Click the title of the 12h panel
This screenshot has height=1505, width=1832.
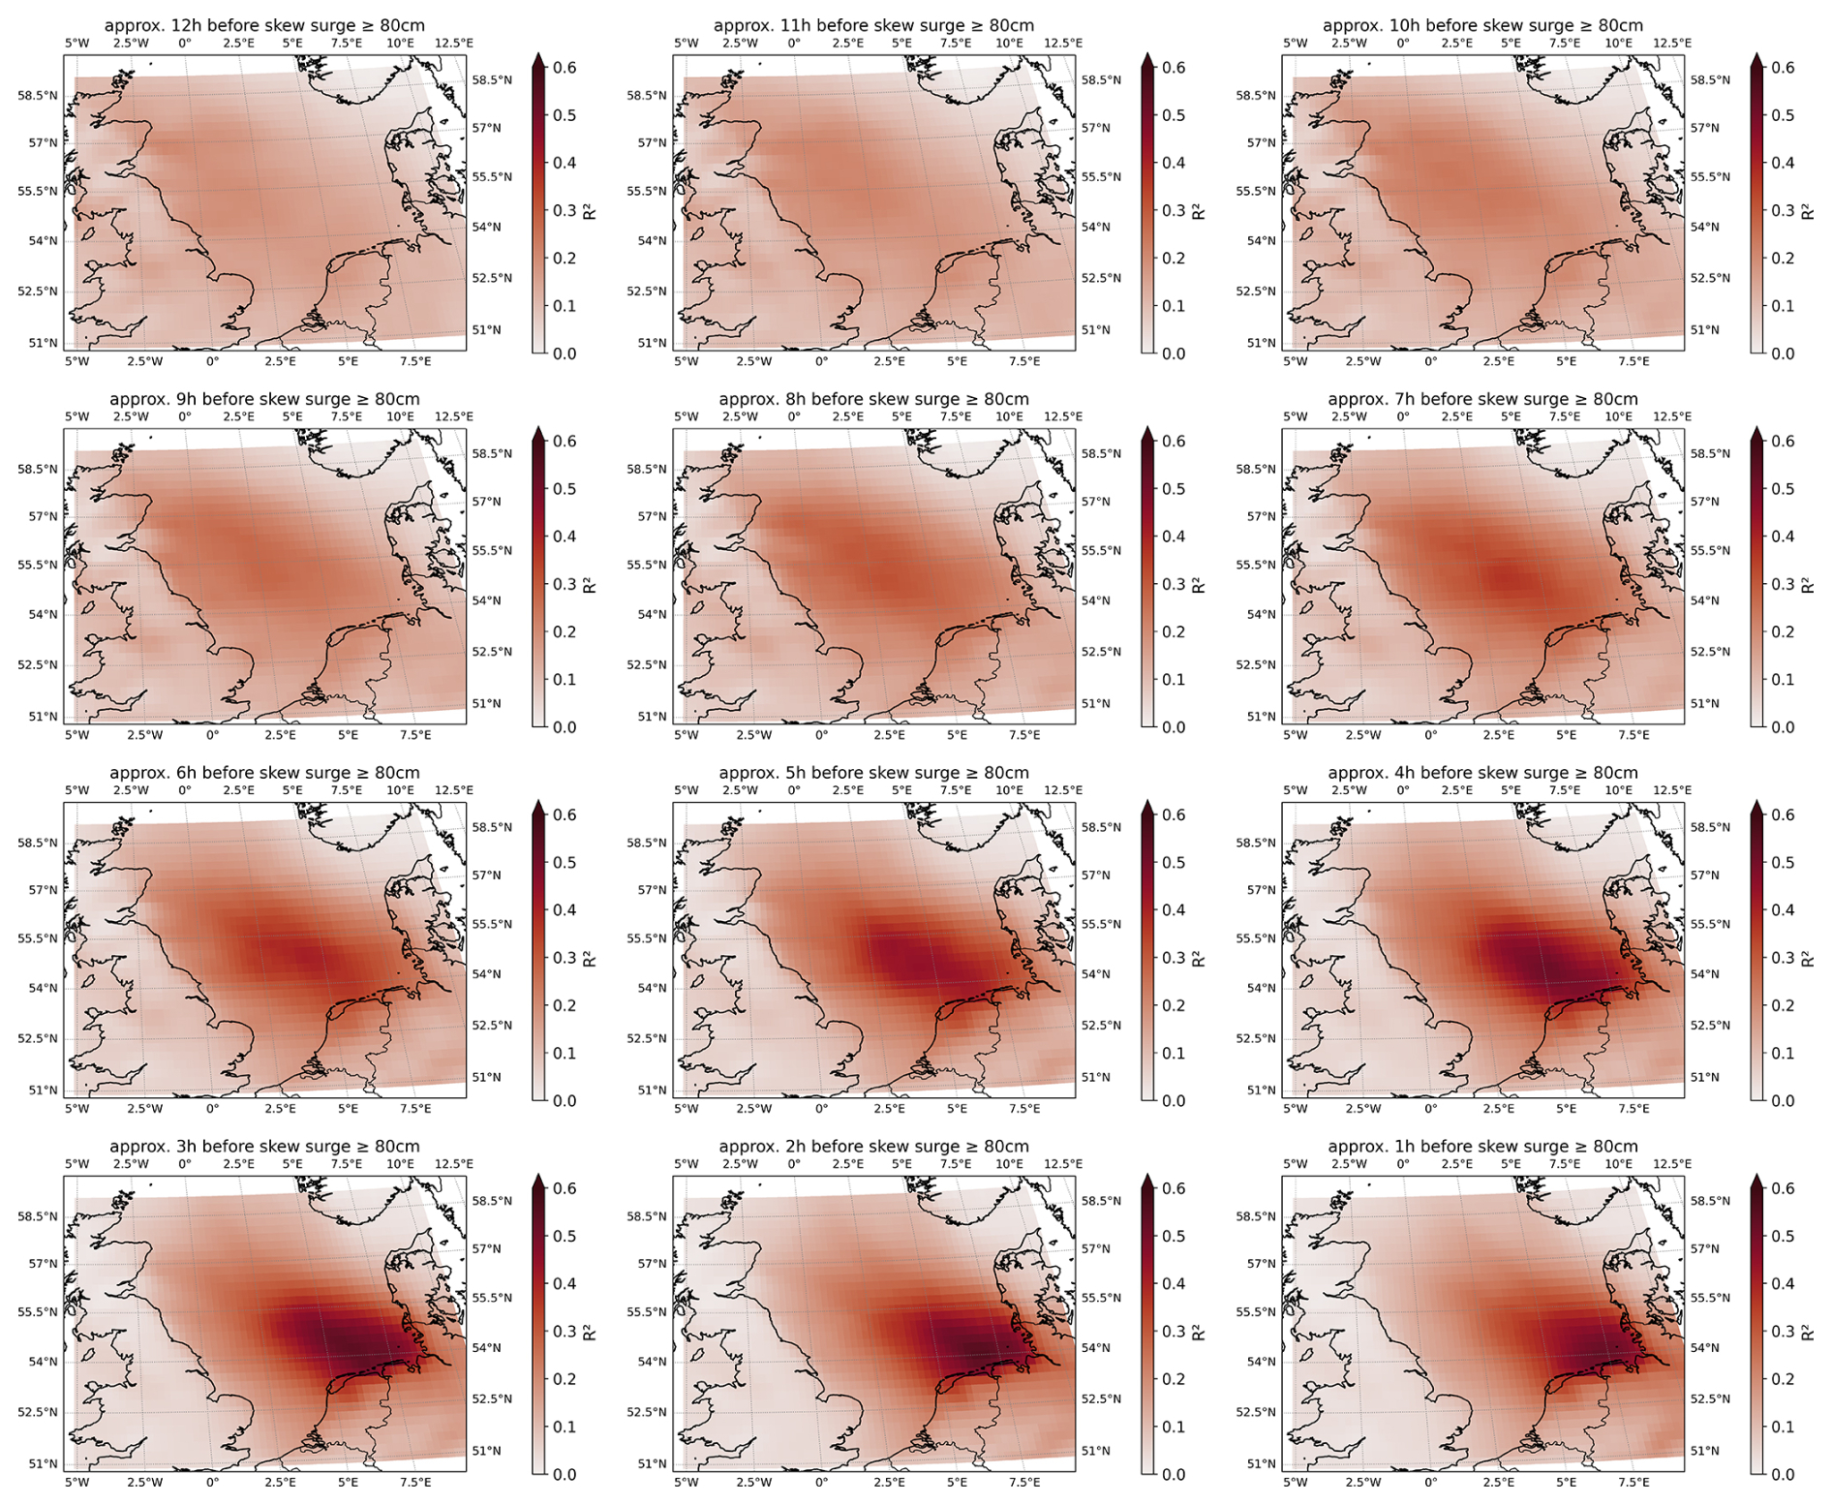coord(264,25)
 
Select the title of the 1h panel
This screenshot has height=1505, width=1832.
coord(1482,1146)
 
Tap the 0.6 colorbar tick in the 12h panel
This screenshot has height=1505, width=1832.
coord(565,68)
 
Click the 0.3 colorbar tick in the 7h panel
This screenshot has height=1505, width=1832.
coord(1783,584)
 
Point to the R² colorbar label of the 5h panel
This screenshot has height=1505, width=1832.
coord(1199,959)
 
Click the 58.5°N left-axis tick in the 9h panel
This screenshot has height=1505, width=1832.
coord(38,470)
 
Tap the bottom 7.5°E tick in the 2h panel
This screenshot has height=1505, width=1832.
coord(1024,1482)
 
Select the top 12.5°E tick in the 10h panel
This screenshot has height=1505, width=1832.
coord(1672,44)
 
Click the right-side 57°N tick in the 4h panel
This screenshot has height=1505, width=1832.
coord(1705,875)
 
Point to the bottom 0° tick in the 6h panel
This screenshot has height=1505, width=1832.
coord(212,1108)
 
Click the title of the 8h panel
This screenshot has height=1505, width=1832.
coord(873,399)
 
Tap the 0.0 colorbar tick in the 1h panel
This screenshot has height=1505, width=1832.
coord(1783,1474)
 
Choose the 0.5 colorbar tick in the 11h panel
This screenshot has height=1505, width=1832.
coord(1174,115)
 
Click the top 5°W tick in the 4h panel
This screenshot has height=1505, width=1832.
coord(1295,790)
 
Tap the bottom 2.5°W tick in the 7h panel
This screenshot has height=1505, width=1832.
coord(1362,735)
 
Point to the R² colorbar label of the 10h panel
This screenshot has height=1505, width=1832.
coord(1808,211)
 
